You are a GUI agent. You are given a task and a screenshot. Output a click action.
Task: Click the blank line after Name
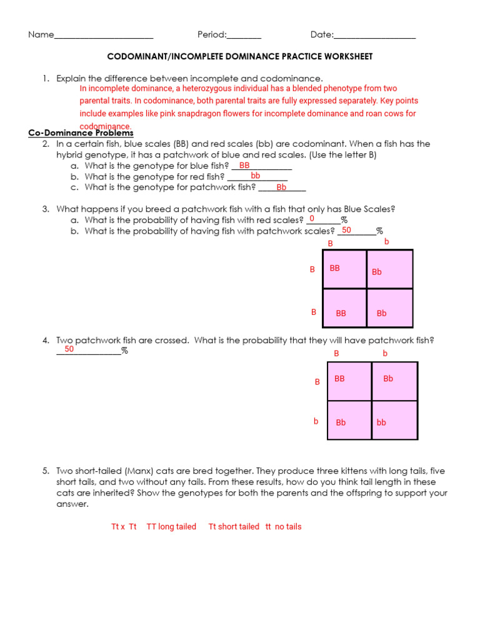[104, 36]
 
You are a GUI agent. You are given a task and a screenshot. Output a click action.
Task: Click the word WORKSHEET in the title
[347, 57]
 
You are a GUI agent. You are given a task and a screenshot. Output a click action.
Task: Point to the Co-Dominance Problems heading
[81, 133]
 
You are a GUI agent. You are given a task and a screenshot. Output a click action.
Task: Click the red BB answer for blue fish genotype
[244, 166]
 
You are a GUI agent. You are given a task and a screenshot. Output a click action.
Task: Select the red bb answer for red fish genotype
[255, 176]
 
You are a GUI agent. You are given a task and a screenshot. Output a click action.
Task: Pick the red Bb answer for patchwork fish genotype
[281, 187]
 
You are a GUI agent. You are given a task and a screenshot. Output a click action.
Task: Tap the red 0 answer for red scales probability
[312, 219]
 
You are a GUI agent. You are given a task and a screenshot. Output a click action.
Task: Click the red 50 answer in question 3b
[346, 230]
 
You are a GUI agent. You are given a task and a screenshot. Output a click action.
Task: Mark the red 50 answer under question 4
[69, 349]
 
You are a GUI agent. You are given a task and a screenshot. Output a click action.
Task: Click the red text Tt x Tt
[124, 527]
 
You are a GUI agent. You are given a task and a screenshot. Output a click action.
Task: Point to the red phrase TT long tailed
[171, 527]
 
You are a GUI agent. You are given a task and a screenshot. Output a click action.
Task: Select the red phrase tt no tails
[283, 527]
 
